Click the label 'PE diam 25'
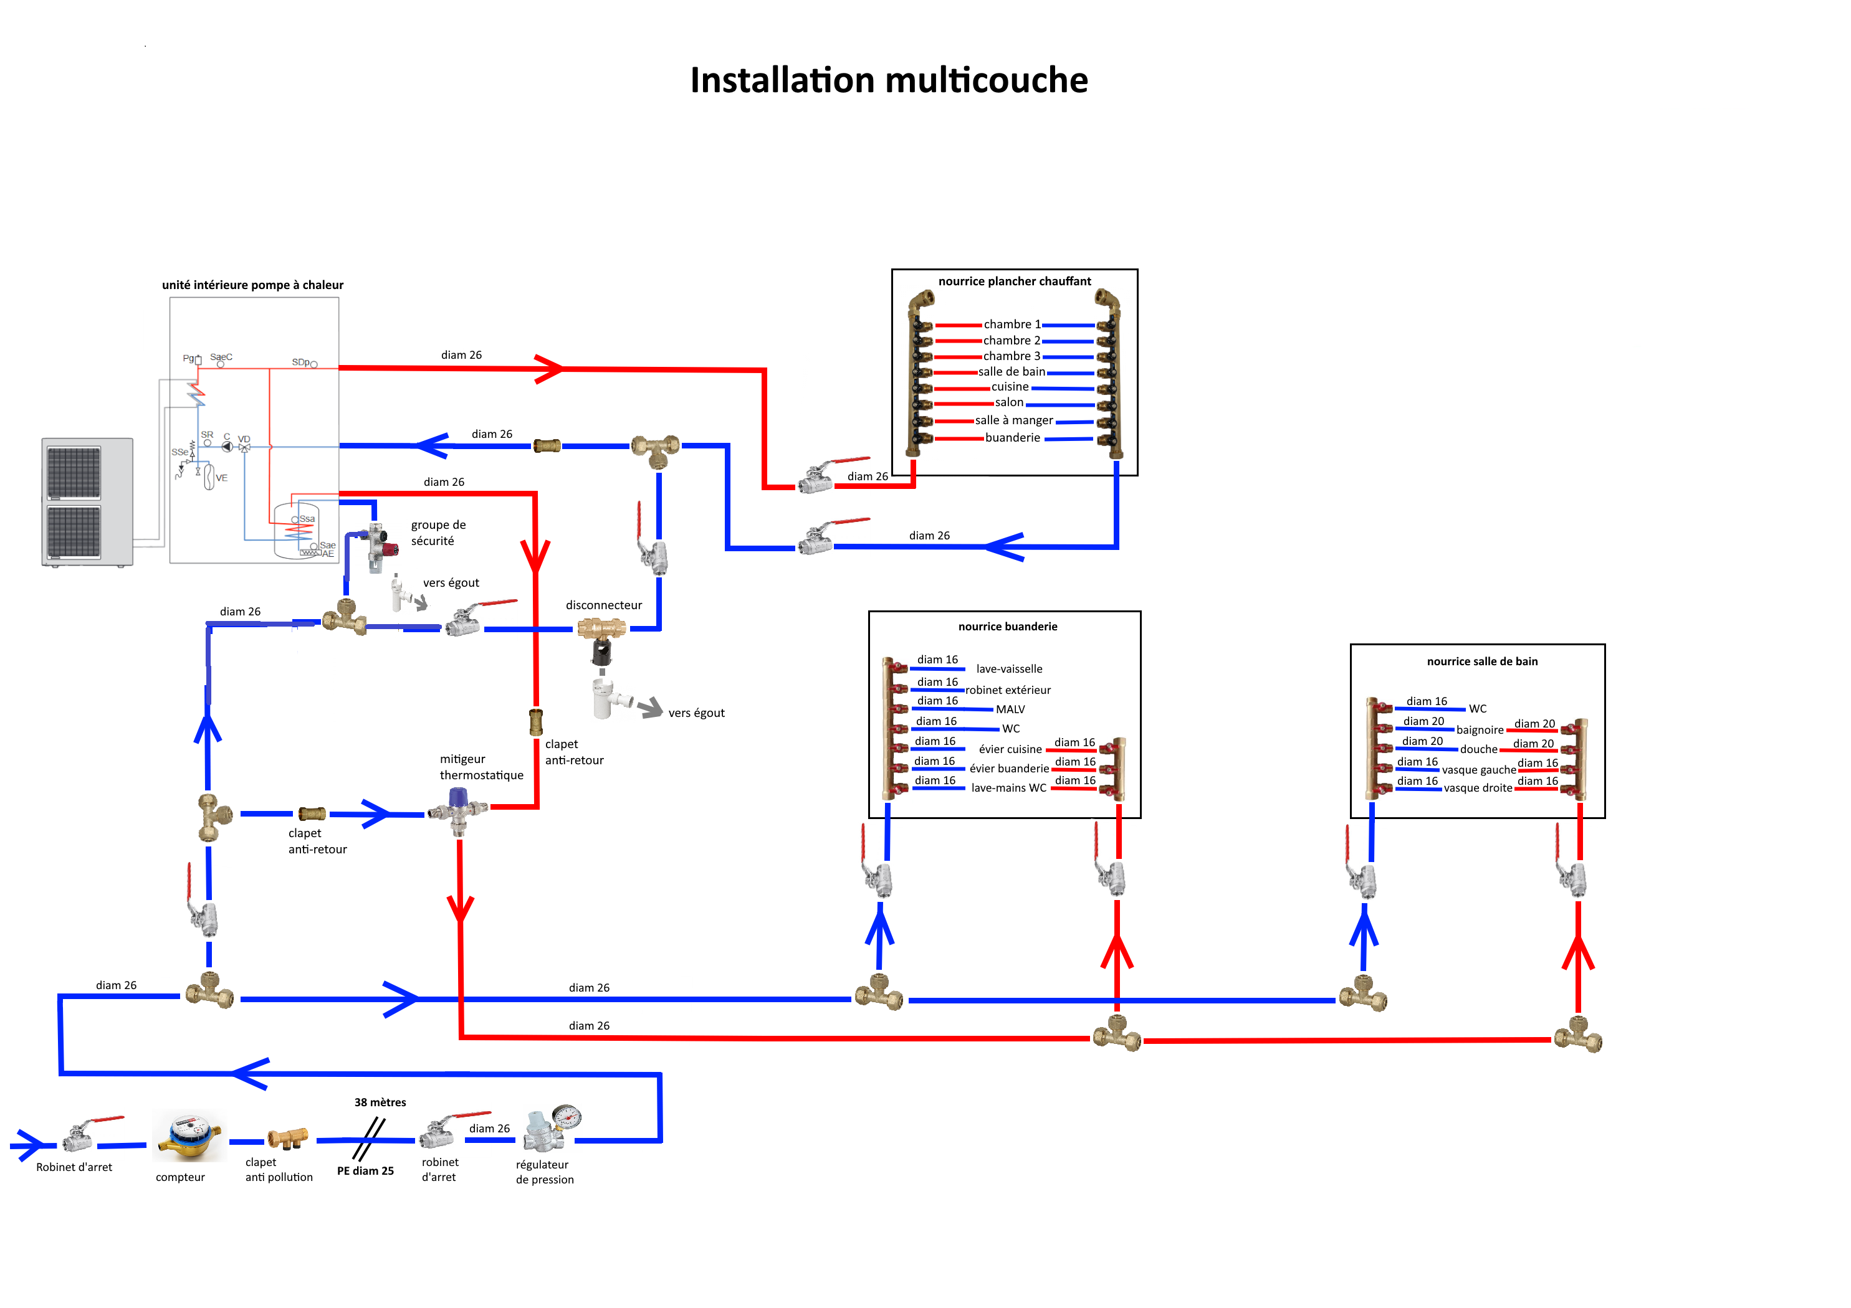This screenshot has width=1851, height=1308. pos(365,1171)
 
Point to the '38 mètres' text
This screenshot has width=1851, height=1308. pos(380,1102)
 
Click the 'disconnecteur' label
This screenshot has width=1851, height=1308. pos(603,605)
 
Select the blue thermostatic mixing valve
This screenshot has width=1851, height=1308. pos(458,810)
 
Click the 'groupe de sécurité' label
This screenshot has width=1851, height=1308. pos(438,533)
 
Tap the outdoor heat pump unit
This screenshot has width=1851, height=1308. pos(87,502)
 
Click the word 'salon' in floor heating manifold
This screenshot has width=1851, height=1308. pos(1008,402)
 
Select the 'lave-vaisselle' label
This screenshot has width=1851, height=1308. pos(1008,669)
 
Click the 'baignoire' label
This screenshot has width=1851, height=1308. pos(1480,730)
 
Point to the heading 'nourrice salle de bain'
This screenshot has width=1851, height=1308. pos(1482,661)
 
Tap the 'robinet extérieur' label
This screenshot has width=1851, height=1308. pos(1008,690)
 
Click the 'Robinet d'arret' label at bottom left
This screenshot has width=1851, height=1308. pos(74,1167)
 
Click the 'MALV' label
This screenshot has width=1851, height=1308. pos(1010,709)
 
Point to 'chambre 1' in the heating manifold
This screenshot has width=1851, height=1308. pos(1012,324)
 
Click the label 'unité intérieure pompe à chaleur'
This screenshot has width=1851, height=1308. pos(252,285)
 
